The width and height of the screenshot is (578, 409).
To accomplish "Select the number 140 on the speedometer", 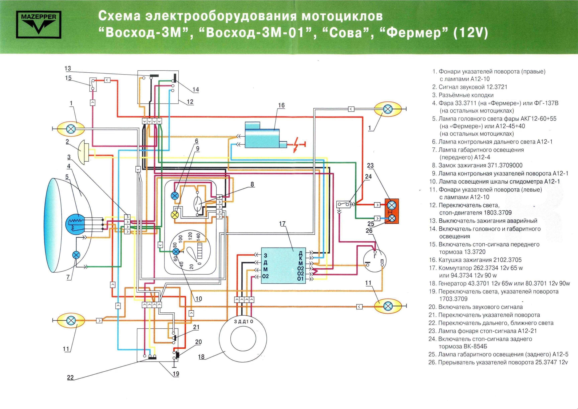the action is [x=198, y=237].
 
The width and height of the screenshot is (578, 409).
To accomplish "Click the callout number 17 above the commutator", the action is [x=282, y=223].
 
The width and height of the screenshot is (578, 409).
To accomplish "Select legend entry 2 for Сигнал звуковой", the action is [x=468, y=87].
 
